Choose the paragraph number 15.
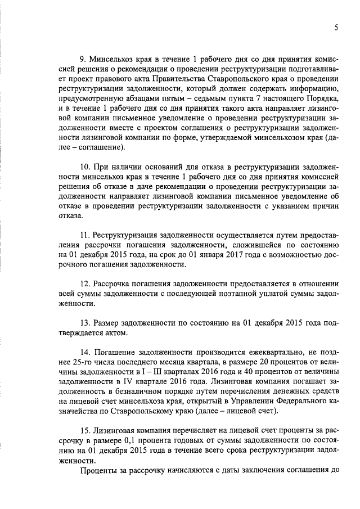tap(85, 430)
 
